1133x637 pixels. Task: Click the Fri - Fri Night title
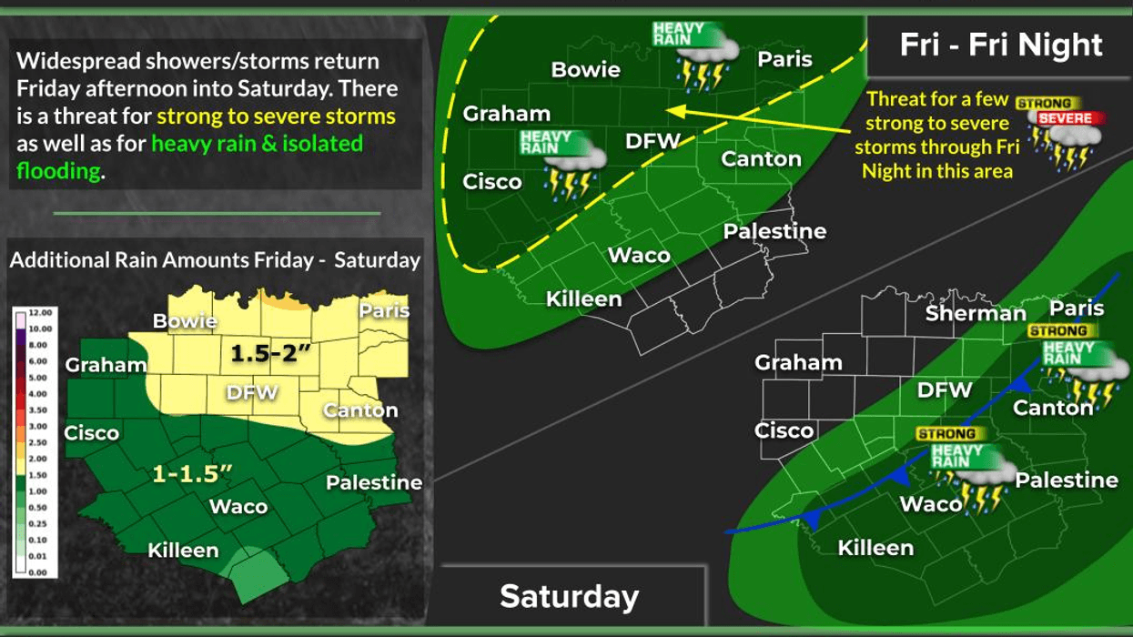click(x=1001, y=45)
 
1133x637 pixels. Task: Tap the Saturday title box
click(x=570, y=596)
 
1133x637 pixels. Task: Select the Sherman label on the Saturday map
click(x=976, y=314)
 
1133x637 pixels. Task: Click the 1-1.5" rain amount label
click(x=192, y=474)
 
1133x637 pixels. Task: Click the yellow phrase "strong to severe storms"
click(x=277, y=116)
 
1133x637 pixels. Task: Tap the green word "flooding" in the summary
click(x=57, y=171)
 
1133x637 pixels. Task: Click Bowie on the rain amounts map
click(x=185, y=321)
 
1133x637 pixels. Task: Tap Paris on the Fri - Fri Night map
click(x=784, y=59)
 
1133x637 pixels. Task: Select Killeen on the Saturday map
click(x=875, y=548)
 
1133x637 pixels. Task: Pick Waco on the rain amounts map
click(x=238, y=507)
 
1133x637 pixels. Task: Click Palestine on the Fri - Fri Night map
click(x=774, y=231)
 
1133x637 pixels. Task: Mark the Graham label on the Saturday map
click(x=798, y=363)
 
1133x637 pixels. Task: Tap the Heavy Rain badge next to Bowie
click(x=679, y=34)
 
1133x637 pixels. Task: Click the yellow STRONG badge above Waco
click(x=946, y=434)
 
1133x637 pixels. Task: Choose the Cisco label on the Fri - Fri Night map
click(x=492, y=181)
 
